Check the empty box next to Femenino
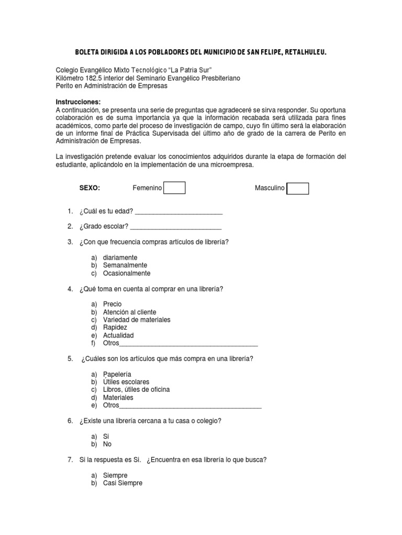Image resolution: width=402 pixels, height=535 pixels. (174, 188)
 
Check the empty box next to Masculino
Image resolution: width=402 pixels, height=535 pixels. (298, 188)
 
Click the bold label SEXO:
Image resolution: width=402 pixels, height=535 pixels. (90, 188)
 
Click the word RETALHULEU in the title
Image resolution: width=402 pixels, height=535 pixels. (305, 52)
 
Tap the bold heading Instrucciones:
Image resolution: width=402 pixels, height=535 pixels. (77, 101)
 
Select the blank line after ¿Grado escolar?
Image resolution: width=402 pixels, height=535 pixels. (176, 227)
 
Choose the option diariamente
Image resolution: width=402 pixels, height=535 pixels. (120, 258)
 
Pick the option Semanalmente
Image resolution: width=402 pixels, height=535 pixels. (125, 265)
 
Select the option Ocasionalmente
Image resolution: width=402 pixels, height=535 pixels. (127, 273)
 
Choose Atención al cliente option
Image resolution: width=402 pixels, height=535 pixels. (129, 312)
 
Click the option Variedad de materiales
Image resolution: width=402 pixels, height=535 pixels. (137, 320)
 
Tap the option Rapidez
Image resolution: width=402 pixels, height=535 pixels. (115, 327)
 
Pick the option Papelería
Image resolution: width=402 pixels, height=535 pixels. (117, 374)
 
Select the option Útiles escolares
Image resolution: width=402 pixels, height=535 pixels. (126, 382)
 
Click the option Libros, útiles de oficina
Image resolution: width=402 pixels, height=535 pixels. (136, 390)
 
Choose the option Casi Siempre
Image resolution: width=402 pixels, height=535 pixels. (122, 483)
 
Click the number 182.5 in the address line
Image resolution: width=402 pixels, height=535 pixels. (96, 78)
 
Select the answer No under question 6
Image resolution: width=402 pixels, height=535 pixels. (107, 444)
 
